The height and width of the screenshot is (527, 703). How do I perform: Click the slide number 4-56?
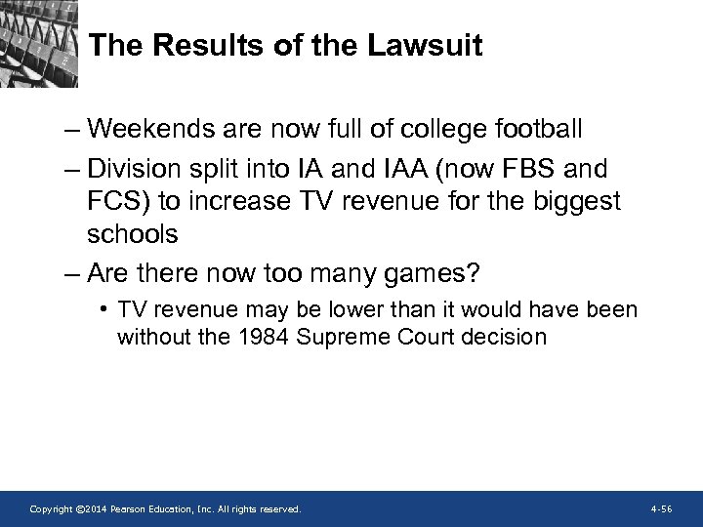[x=660, y=509]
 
